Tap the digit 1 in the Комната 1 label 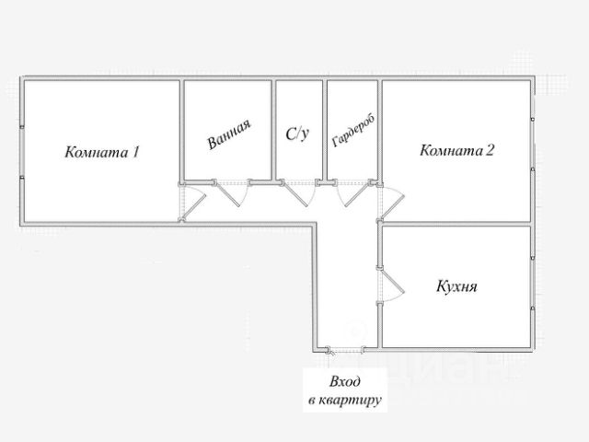135,152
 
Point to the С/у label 297,134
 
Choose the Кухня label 456,286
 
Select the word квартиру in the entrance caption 352,401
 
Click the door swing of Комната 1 191,204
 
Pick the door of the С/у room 297,194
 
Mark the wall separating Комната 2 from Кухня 456,223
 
